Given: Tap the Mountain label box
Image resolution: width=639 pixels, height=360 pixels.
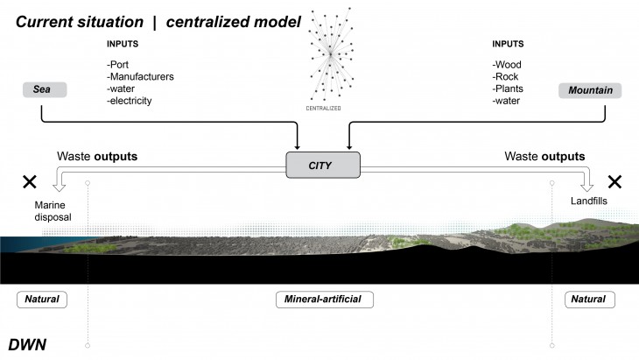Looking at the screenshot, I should pyautogui.click(x=590, y=90).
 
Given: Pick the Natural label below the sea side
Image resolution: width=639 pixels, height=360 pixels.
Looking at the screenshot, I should pyautogui.click(x=42, y=300).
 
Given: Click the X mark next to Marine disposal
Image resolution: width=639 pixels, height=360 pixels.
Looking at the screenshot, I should pyautogui.click(x=29, y=182).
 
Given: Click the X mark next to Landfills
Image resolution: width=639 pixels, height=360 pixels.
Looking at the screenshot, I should pyautogui.click(x=614, y=182).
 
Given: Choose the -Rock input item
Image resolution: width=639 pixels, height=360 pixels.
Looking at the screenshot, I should pyautogui.click(x=507, y=76).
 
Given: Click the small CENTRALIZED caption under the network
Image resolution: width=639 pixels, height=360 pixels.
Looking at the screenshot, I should pyautogui.click(x=324, y=109).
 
